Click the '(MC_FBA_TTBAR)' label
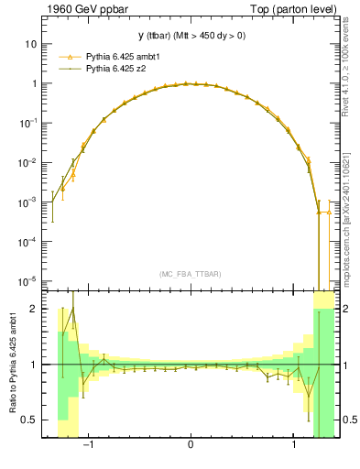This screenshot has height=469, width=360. click(x=191, y=274)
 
